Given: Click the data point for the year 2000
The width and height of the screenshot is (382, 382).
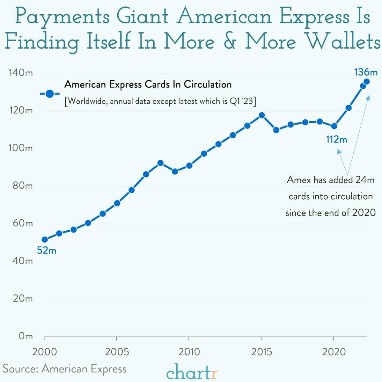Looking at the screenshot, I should pyautogui.click(x=45, y=239).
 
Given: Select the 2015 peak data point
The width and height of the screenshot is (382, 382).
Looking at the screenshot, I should pyautogui.click(x=261, y=115).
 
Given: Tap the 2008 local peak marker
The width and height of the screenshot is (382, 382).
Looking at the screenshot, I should pyautogui.click(x=160, y=163).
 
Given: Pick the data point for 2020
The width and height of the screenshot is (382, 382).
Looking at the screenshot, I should pyautogui.click(x=334, y=126).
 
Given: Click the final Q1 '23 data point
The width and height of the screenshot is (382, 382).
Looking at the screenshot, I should pyautogui.click(x=367, y=82).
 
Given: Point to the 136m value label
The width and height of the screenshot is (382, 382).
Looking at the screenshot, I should pyautogui.click(x=365, y=72).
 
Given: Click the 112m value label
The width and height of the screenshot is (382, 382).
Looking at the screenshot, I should pyautogui.click(x=336, y=139).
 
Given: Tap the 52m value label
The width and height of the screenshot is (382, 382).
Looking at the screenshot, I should pyautogui.click(x=47, y=251).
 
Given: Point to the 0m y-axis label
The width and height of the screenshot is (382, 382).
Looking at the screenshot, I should pyautogui.click(x=26, y=336).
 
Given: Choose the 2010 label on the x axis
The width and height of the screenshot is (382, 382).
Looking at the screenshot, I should pyautogui.click(x=189, y=352).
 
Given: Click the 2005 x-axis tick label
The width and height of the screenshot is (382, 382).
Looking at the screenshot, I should pyautogui.click(x=117, y=352).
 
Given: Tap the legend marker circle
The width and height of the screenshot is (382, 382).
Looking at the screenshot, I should pyautogui.click(x=49, y=94).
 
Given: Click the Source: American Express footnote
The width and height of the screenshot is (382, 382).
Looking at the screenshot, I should pyautogui.click(x=65, y=369).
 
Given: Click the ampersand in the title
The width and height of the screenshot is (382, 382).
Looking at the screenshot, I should pyautogui.click(x=229, y=41).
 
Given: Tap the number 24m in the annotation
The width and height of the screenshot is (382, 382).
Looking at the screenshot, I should pyautogui.click(x=365, y=180).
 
